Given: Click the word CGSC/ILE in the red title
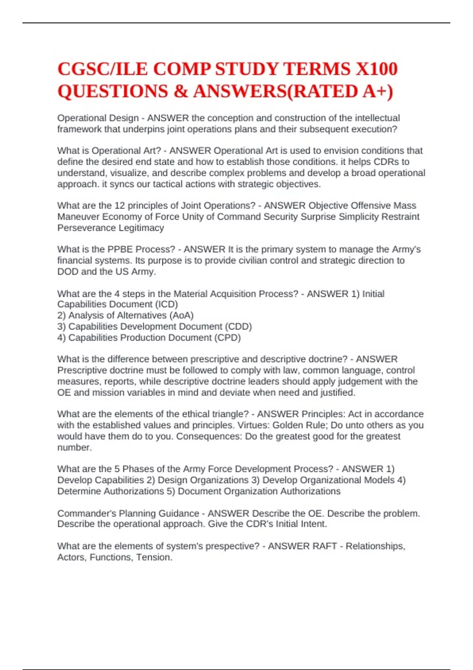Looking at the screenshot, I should tap(102, 69).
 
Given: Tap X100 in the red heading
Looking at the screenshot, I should tap(376, 69).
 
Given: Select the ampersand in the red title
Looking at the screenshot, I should tap(180, 91).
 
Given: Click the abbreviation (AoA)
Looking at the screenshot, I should tap(181, 315).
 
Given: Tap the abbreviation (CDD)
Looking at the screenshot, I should tap(238, 326).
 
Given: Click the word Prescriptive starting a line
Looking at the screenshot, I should tap(82, 370).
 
